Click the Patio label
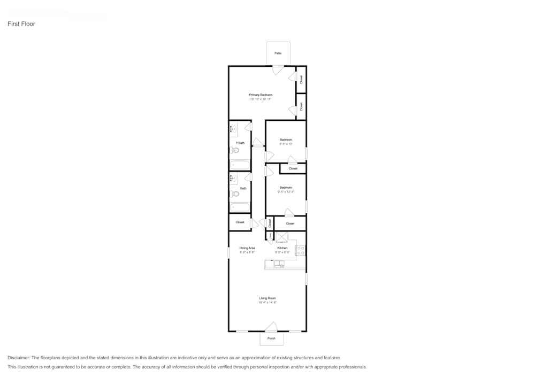(x=278, y=53)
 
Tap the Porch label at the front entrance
(x=272, y=338)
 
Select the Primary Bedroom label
(x=261, y=95)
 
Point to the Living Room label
(x=267, y=298)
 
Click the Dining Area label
(x=247, y=248)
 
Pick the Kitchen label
(x=282, y=248)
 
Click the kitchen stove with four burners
(x=301, y=250)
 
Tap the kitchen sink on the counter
(x=279, y=264)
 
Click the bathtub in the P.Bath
(x=240, y=165)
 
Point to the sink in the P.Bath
(x=233, y=129)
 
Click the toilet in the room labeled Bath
(x=234, y=194)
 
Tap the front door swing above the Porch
(x=272, y=327)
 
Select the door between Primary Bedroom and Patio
(x=278, y=70)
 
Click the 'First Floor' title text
(x=21, y=24)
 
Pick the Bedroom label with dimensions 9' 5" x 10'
(x=286, y=140)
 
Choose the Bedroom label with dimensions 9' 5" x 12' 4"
(x=286, y=188)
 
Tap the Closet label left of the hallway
(x=240, y=222)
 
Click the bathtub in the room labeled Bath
(x=240, y=207)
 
